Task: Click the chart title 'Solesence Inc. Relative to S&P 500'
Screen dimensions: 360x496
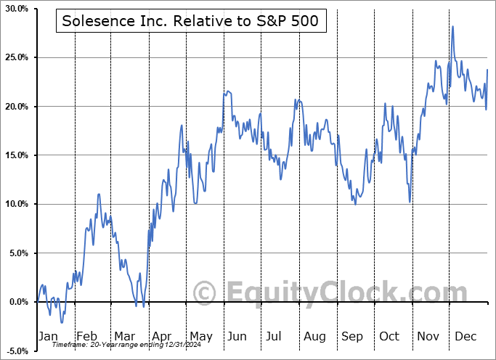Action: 190,22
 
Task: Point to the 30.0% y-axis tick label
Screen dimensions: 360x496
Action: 15,9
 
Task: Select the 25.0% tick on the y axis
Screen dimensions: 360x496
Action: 15,57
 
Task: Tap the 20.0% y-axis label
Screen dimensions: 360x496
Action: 15,107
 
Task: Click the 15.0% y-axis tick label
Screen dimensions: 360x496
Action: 15,155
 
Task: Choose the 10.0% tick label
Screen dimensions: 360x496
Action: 15,204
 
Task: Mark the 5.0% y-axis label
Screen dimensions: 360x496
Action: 17,253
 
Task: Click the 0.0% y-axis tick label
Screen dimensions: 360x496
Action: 17,302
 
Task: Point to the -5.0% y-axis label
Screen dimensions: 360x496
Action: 16,351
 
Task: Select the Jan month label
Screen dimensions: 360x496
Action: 47,336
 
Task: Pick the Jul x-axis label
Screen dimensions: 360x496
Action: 274,336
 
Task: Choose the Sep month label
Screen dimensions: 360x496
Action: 352,336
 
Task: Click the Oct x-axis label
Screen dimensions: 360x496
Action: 389,336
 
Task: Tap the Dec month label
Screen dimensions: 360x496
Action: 465,336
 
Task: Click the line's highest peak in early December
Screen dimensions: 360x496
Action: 453,27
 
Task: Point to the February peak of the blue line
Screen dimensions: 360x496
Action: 99,195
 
